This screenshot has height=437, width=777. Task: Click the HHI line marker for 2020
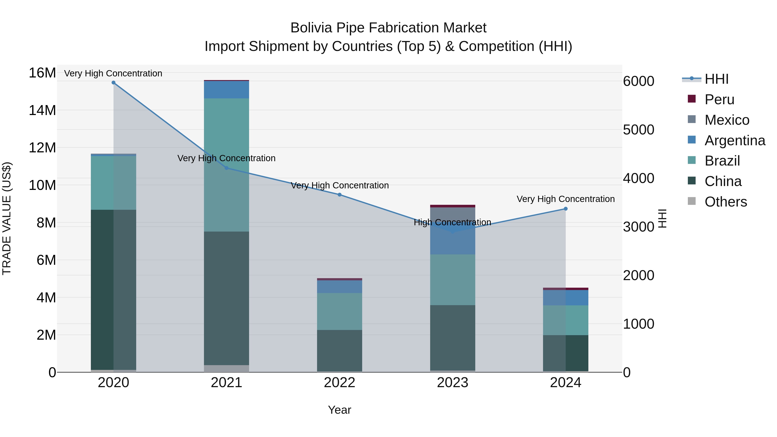click(113, 83)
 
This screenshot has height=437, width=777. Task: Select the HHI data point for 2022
click(339, 195)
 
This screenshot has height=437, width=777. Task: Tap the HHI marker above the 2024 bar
click(565, 209)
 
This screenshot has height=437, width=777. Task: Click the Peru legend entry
click(719, 99)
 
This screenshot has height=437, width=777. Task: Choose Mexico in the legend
click(727, 120)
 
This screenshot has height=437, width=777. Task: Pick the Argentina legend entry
click(735, 140)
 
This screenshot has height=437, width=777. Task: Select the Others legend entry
click(726, 202)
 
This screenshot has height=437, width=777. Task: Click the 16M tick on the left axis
click(42, 73)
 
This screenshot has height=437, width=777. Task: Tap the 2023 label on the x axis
click(452, 383)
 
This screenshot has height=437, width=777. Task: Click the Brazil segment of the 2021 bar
click(227, 165)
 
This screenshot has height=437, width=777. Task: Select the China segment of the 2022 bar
click(339, 350)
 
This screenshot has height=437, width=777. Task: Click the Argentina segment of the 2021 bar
click(227, 90)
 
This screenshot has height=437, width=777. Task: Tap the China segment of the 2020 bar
click(113, 290)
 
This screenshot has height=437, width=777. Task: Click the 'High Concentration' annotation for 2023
click(452, 222)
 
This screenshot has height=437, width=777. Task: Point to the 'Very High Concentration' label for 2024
click(565, 199)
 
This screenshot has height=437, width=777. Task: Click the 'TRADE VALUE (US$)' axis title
click(7, 218)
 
